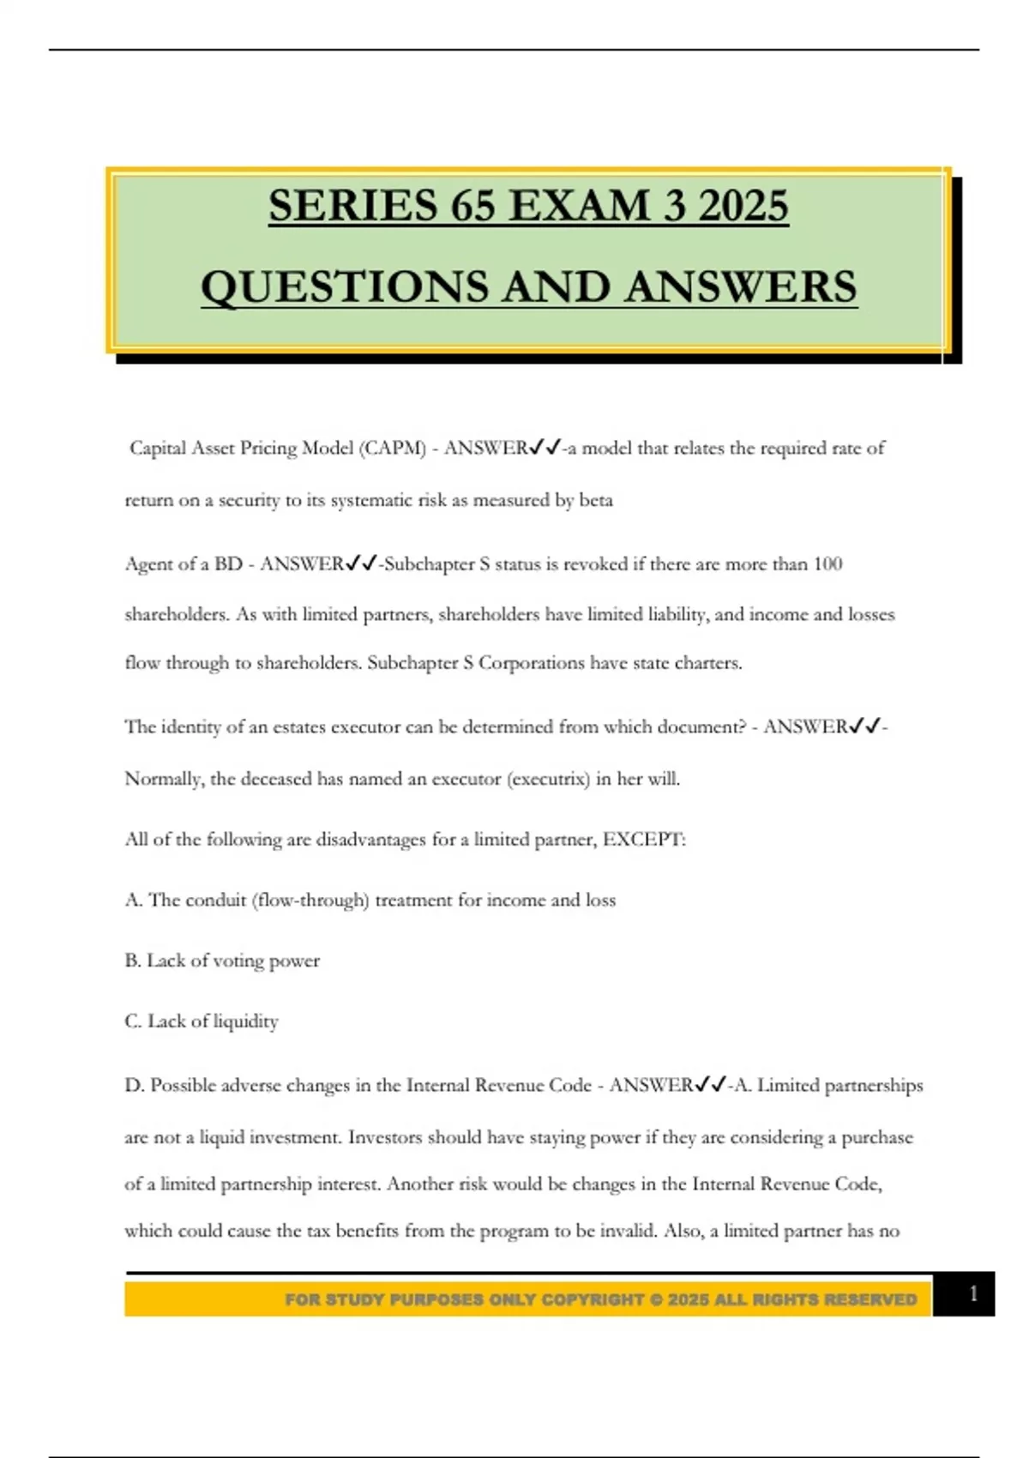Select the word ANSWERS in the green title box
tap(741, 286)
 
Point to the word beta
tap(596, 500)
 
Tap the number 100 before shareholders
tap(827, 564)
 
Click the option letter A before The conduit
tap(133, 901)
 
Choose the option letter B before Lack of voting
tap(132, 961)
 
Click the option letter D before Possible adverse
tap(134, 1086)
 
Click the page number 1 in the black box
tap(973, 1294)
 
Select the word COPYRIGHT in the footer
tap(593, 1300)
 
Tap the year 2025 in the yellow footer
tap(689, 1300)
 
